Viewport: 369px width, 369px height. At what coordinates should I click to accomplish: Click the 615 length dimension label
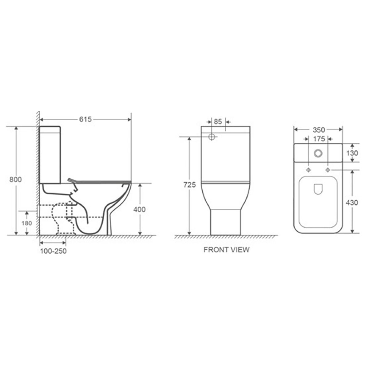[x=85, y=119]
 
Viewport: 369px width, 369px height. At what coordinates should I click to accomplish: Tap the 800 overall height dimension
[x=15, y=179]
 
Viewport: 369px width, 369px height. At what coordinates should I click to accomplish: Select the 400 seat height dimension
[x=139, y=209]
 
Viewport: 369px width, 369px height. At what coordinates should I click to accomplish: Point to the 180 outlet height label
[x=27, y=223]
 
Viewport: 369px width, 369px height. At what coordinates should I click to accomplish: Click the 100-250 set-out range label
[x=53, y=251]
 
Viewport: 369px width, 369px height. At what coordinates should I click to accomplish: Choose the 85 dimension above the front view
[x=218, y=121]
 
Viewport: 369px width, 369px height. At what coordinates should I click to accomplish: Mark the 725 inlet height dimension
[x=189, y=185]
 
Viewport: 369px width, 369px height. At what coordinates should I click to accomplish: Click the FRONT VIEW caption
[x=226, y=250]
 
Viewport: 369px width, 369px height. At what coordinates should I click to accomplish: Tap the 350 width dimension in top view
[x=319, y=130]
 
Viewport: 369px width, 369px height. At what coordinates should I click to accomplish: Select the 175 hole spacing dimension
[x=319, y=139]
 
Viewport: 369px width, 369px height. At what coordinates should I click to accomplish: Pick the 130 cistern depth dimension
[x=352, y=153]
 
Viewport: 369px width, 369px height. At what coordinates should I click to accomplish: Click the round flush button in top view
[x=318, y=153]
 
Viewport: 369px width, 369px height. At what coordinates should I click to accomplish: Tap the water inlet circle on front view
[x=212, y=137]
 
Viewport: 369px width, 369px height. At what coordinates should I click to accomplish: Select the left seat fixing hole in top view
[x=308, y=170]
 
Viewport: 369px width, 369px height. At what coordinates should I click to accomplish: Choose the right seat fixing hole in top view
[x=328, y=170]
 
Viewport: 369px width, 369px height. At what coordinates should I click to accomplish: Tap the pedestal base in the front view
[x=225, y=222]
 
